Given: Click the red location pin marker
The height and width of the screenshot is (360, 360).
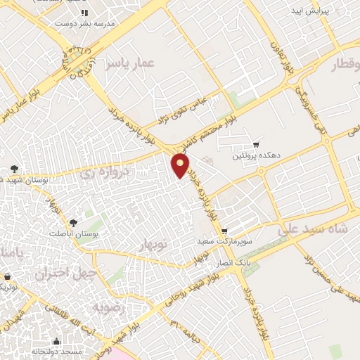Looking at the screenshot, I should (x=181, y=165).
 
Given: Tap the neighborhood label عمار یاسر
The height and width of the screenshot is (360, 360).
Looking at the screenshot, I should (x=129, y=65).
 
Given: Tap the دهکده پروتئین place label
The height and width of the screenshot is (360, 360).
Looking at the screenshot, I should (x=257, y=155).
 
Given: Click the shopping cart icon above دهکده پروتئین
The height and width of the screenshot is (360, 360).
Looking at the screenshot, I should (x=257, y=143).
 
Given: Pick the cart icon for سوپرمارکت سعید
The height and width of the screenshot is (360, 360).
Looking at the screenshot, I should (x=224, y=231).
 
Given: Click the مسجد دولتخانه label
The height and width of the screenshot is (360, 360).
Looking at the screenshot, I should (x=70, y=351).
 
